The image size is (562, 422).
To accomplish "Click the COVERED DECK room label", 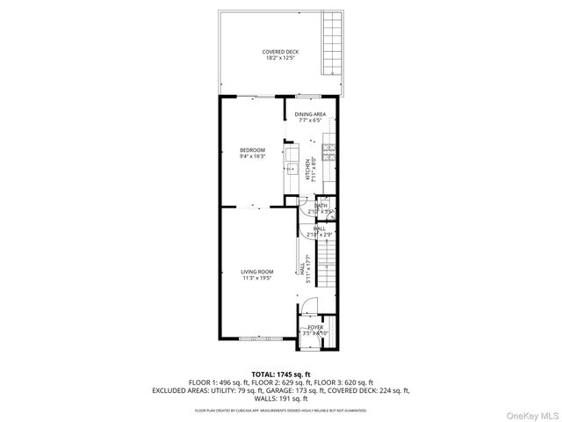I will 280,52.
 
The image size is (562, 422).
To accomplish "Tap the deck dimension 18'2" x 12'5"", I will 280,58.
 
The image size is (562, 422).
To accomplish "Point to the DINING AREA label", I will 310,114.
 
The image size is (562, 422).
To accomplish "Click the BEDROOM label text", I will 252,150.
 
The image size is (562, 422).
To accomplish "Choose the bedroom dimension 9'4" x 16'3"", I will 252,156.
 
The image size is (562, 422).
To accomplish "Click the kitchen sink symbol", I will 291,170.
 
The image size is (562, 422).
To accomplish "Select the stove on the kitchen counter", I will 329,150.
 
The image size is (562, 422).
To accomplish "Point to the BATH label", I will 321,206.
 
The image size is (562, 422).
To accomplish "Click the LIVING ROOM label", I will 257,272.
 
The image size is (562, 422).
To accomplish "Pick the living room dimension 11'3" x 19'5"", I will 257,278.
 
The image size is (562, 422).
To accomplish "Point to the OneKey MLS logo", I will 530,412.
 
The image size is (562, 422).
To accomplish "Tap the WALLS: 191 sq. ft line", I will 281,398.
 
